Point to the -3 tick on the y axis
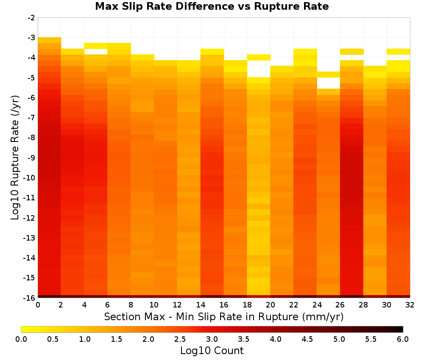click(31, 38)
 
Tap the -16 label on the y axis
click(30, 298)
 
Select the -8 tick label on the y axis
click(31, 138)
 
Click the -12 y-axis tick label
click(30, 217)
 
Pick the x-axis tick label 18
click(247, 305)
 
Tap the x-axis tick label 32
click(410, 305)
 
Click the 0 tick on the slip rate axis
click(38, 305)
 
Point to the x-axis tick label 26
click(340, 305)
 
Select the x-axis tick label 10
click(154, 305)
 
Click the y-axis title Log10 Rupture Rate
click(15, 158)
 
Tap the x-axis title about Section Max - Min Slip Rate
click(224, 316)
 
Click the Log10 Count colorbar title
click(212, 351)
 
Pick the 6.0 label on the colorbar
click(403, 339)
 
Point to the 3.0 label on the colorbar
click(212, 339)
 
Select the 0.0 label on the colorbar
click(21, 339)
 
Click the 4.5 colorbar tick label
click(307, 339)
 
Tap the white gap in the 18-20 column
click(259, 69)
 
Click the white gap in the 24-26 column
click(328, 83)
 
